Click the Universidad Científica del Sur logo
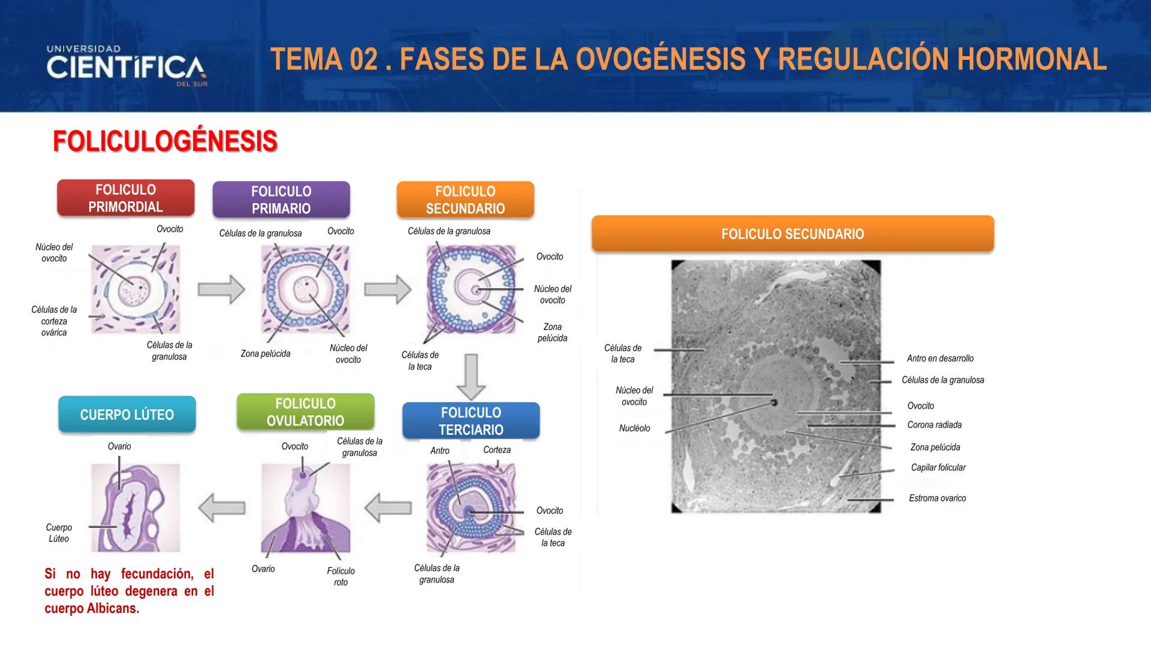tap(126, 66)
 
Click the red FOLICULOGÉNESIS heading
tap(165, 141)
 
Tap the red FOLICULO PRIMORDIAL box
tap(126, 198)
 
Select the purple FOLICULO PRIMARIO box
tap(281, 200)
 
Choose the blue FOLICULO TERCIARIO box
tap(471, 421)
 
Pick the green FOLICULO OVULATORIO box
tap(305, 412)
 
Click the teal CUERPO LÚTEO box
tap(127, 415)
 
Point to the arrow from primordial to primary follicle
tap(221, 290)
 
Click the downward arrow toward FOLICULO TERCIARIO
tap(471, 376)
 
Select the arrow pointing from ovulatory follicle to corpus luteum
tap(221, 508)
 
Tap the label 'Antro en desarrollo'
tap(940, 358)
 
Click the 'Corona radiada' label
tap(934, 425)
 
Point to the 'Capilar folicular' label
tap(938, 467)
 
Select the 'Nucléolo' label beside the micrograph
tap(634, 428)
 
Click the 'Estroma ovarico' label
tap(937, 498)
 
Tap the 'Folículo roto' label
tap(341, 576)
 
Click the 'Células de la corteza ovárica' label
tap(54, 321)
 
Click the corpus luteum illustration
tap(135, 508)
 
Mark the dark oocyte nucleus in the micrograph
tap(774, 403)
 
